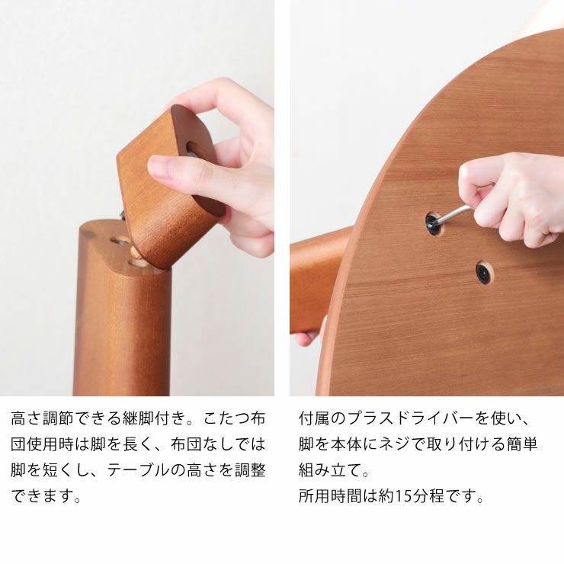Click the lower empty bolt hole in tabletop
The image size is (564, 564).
coord(482,272)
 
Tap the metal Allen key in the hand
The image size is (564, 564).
coord(455,213)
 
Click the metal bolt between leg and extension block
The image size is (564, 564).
coord(123,216)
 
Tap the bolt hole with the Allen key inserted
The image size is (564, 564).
coord(433,223)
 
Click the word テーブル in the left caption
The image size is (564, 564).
coord(132,470)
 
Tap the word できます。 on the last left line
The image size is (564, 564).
coord(46,496)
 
